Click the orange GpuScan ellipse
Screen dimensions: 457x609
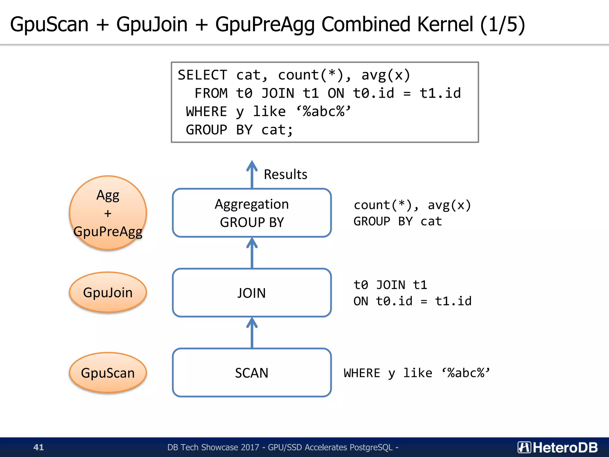click(x=108, y=373)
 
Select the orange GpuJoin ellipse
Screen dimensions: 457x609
click(x=108, y=292)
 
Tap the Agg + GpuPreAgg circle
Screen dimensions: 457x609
click(x=108, y=213)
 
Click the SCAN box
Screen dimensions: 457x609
click(x=252, y=373)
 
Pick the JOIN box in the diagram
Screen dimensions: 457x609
click(x=252, y=293)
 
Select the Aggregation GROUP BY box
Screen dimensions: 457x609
click(x=252, y=213)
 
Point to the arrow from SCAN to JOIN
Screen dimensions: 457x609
click(x=252, y=333)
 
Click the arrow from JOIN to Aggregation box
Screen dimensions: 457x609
click(x=252, y=253)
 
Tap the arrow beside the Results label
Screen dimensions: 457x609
click(x=252, y=174)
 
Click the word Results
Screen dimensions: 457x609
click(x=285, y=174)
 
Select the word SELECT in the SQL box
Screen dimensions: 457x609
click(x=202, y=75)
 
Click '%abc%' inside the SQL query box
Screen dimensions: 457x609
click(x=324, y=112)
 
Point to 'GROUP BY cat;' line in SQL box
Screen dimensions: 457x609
click(x=239, y=130)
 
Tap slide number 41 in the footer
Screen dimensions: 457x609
click(x=39, y=447)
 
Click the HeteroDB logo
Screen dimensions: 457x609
click(x=558, y=447)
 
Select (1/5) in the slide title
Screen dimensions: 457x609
click(x=503, y=24)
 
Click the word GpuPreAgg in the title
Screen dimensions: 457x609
click(x=265, y=24)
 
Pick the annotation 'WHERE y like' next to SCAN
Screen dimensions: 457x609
click(x=388, y=373)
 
